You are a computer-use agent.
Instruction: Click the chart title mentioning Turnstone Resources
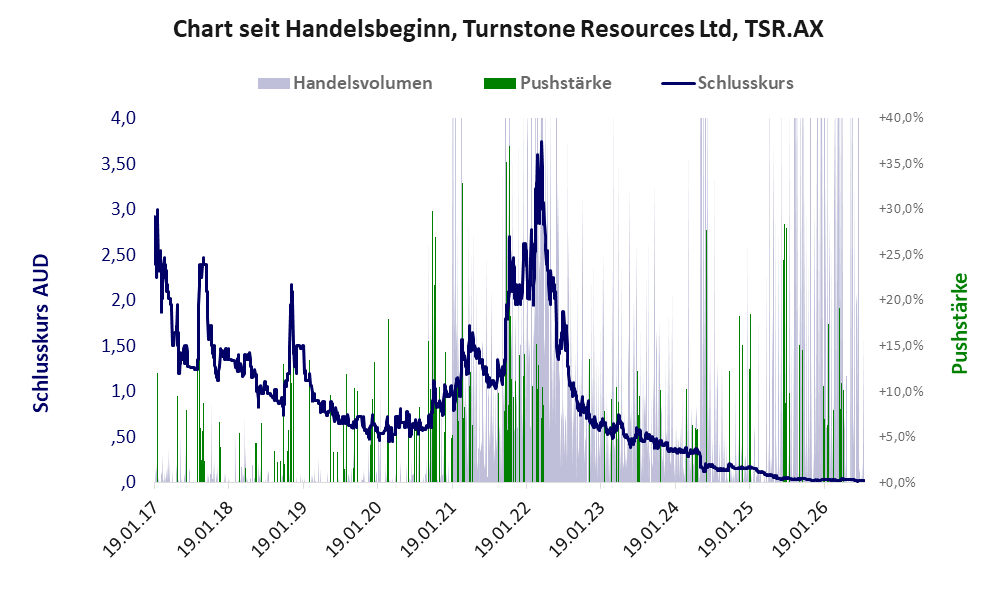498,29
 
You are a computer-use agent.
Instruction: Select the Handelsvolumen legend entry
345,83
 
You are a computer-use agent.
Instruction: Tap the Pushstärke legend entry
547,83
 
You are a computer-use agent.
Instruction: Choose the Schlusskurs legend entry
727,83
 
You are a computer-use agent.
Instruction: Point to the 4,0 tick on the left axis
123,118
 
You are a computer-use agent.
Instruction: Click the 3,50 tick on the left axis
118,164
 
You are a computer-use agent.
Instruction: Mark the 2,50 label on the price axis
118,255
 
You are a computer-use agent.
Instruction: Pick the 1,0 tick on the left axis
123,391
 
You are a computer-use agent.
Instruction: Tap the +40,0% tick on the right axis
901,118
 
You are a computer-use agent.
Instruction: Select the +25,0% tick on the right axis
901,255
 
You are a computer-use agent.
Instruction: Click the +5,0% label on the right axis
897,437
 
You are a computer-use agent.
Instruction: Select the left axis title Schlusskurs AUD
40,333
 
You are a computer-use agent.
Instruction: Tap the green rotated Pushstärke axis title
959,323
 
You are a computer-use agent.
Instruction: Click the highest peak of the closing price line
541,142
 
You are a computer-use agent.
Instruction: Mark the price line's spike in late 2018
292,285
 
